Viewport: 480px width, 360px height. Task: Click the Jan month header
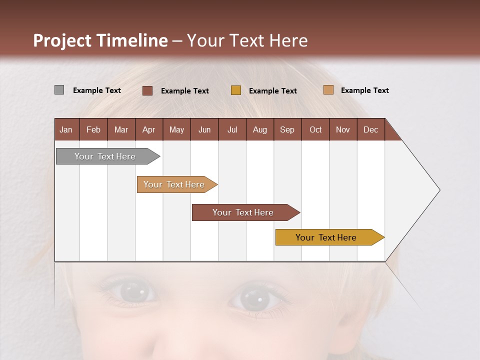(66, 129)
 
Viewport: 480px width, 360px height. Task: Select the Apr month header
(148, 129)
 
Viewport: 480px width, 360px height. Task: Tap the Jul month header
(232, 129)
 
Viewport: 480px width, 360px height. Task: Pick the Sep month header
(287, 129)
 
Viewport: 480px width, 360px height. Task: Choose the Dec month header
(370, 129)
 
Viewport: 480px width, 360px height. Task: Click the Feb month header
(93, 129)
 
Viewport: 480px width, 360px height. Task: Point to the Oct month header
(315, 129)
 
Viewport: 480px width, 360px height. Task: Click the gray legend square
(59, 90)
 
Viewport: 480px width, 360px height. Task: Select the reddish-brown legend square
(147, 90)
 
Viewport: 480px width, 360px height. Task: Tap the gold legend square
(236, 90)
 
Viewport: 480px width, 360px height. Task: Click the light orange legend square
(328, 90)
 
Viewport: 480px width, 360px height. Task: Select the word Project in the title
(62, 40)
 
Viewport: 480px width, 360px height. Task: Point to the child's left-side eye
(131, 291)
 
